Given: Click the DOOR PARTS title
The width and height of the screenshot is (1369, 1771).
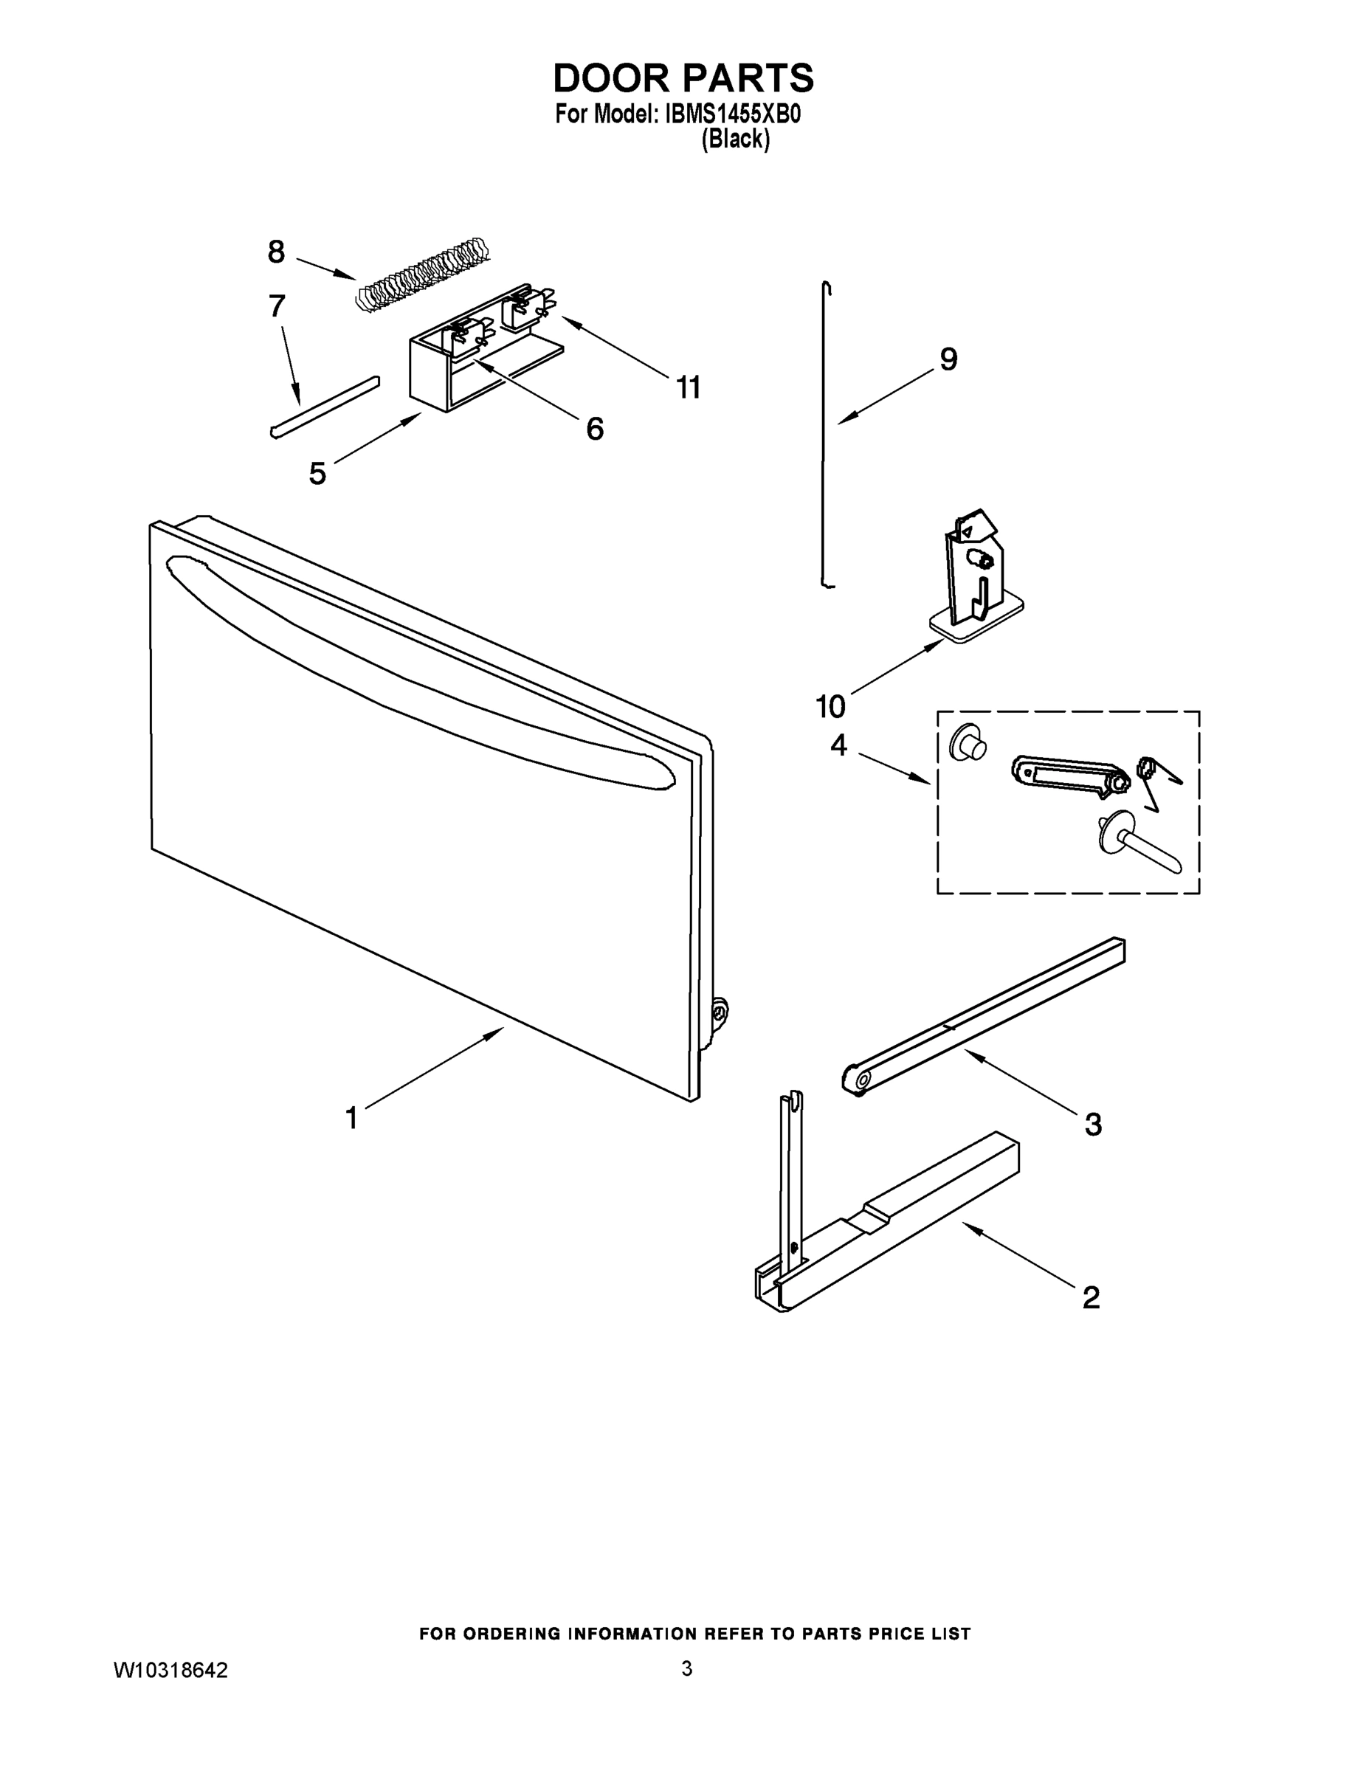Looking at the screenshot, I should click(683, 79).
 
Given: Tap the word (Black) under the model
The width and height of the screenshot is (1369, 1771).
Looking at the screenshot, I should click(735, 139).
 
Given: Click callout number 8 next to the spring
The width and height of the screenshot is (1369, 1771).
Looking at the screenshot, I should click(277, 252).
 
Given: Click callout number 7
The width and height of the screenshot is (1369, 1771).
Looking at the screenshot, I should click(277, 306).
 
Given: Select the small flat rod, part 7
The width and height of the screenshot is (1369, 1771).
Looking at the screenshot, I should click(325, 407).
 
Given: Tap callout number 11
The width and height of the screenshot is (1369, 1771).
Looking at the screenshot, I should click(688, 388).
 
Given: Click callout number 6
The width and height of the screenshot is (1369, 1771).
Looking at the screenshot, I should click(595, 428).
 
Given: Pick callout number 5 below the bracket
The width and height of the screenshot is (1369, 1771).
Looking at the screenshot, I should click(317, 473).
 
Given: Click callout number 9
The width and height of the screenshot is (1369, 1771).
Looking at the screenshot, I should click(948, 359).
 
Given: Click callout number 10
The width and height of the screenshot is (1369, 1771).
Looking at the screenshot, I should click(830, 707).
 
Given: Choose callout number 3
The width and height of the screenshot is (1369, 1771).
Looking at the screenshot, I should click(1092, 1125).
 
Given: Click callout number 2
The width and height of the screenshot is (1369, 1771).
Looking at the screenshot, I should click(1091, 1297).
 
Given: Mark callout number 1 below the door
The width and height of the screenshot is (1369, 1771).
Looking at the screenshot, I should click(351, 1118).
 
